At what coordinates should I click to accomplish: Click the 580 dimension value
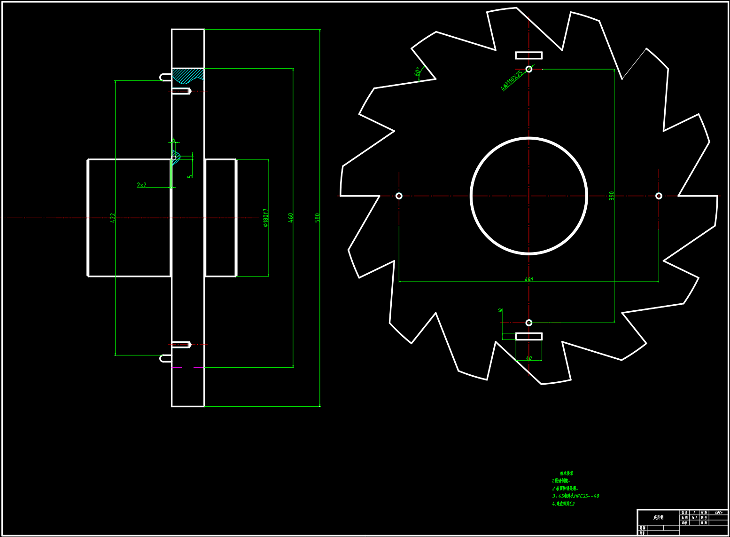[x=317, y=218]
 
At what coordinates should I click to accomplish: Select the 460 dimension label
[x=290, y=218]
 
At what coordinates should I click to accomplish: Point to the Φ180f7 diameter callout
[x=266, y=218]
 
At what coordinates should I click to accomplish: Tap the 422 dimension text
[x=113, y=218]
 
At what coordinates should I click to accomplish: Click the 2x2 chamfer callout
[x=141, y=185]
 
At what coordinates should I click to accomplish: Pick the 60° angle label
[x=417, y=71]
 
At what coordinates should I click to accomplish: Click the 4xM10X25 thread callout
[x=512, y=80]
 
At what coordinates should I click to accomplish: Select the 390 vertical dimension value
[x=612, y=196]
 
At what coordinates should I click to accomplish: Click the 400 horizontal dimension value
[x=528, y=279]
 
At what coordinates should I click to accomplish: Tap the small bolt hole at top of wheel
[x=529, y=69]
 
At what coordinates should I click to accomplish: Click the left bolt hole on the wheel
[x=399, y=196]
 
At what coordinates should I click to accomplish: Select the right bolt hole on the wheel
[x=659, y=196]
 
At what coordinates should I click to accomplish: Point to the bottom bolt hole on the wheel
[x=529, y=323]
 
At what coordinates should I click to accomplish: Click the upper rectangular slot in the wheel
[x=529, y=55]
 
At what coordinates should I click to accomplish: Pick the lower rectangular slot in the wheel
[x=529, y=336]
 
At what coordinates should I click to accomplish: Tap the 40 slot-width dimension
[x=528, y=358]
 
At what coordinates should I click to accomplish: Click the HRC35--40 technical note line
[x=576, y=496]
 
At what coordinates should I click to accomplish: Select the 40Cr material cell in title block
[x=718, y=513]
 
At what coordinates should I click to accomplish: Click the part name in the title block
[x=659, y=517]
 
